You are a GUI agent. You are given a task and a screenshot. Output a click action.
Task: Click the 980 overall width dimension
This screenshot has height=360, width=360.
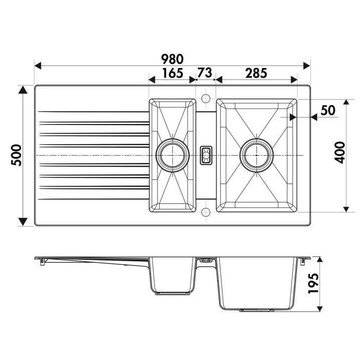[x=172, y=58]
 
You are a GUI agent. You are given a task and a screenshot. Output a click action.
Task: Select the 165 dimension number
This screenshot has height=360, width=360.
[x=172, y=73]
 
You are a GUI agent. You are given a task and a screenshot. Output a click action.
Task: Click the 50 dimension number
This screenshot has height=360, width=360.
[x=327, y=110]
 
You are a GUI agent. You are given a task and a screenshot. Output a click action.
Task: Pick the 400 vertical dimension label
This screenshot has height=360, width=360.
[x=339, y=154]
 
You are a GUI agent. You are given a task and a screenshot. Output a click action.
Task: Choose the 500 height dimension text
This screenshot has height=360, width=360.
[x=15, y=155]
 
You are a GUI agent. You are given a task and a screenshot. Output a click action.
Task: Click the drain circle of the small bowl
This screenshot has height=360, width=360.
[x=173, y=155]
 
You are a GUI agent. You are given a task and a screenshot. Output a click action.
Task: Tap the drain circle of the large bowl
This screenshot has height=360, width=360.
[x=256, y=155]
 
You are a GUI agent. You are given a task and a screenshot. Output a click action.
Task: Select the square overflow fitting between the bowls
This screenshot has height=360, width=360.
[x=205, y=155]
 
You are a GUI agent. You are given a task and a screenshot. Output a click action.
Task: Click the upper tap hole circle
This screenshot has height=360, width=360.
[x=205, y=97]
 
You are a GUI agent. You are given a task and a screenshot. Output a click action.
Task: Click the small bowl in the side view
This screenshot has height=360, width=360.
[x=172, y=277]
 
